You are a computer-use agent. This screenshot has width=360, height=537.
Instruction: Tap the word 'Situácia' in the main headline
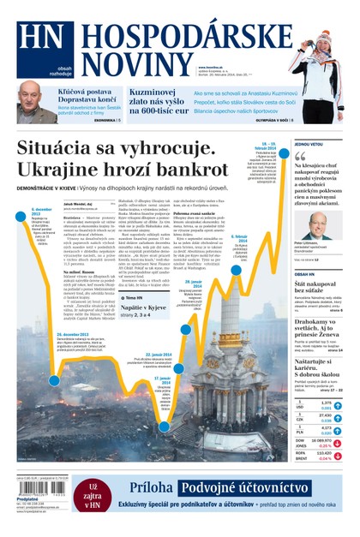pyautogui.click(x=65, y=147)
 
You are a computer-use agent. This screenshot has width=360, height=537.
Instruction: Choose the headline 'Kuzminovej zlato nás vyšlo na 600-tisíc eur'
pyautogui.click(x=159, y=96)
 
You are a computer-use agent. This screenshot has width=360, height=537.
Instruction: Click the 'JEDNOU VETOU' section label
pyautogui.click(x=310, y=144)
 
